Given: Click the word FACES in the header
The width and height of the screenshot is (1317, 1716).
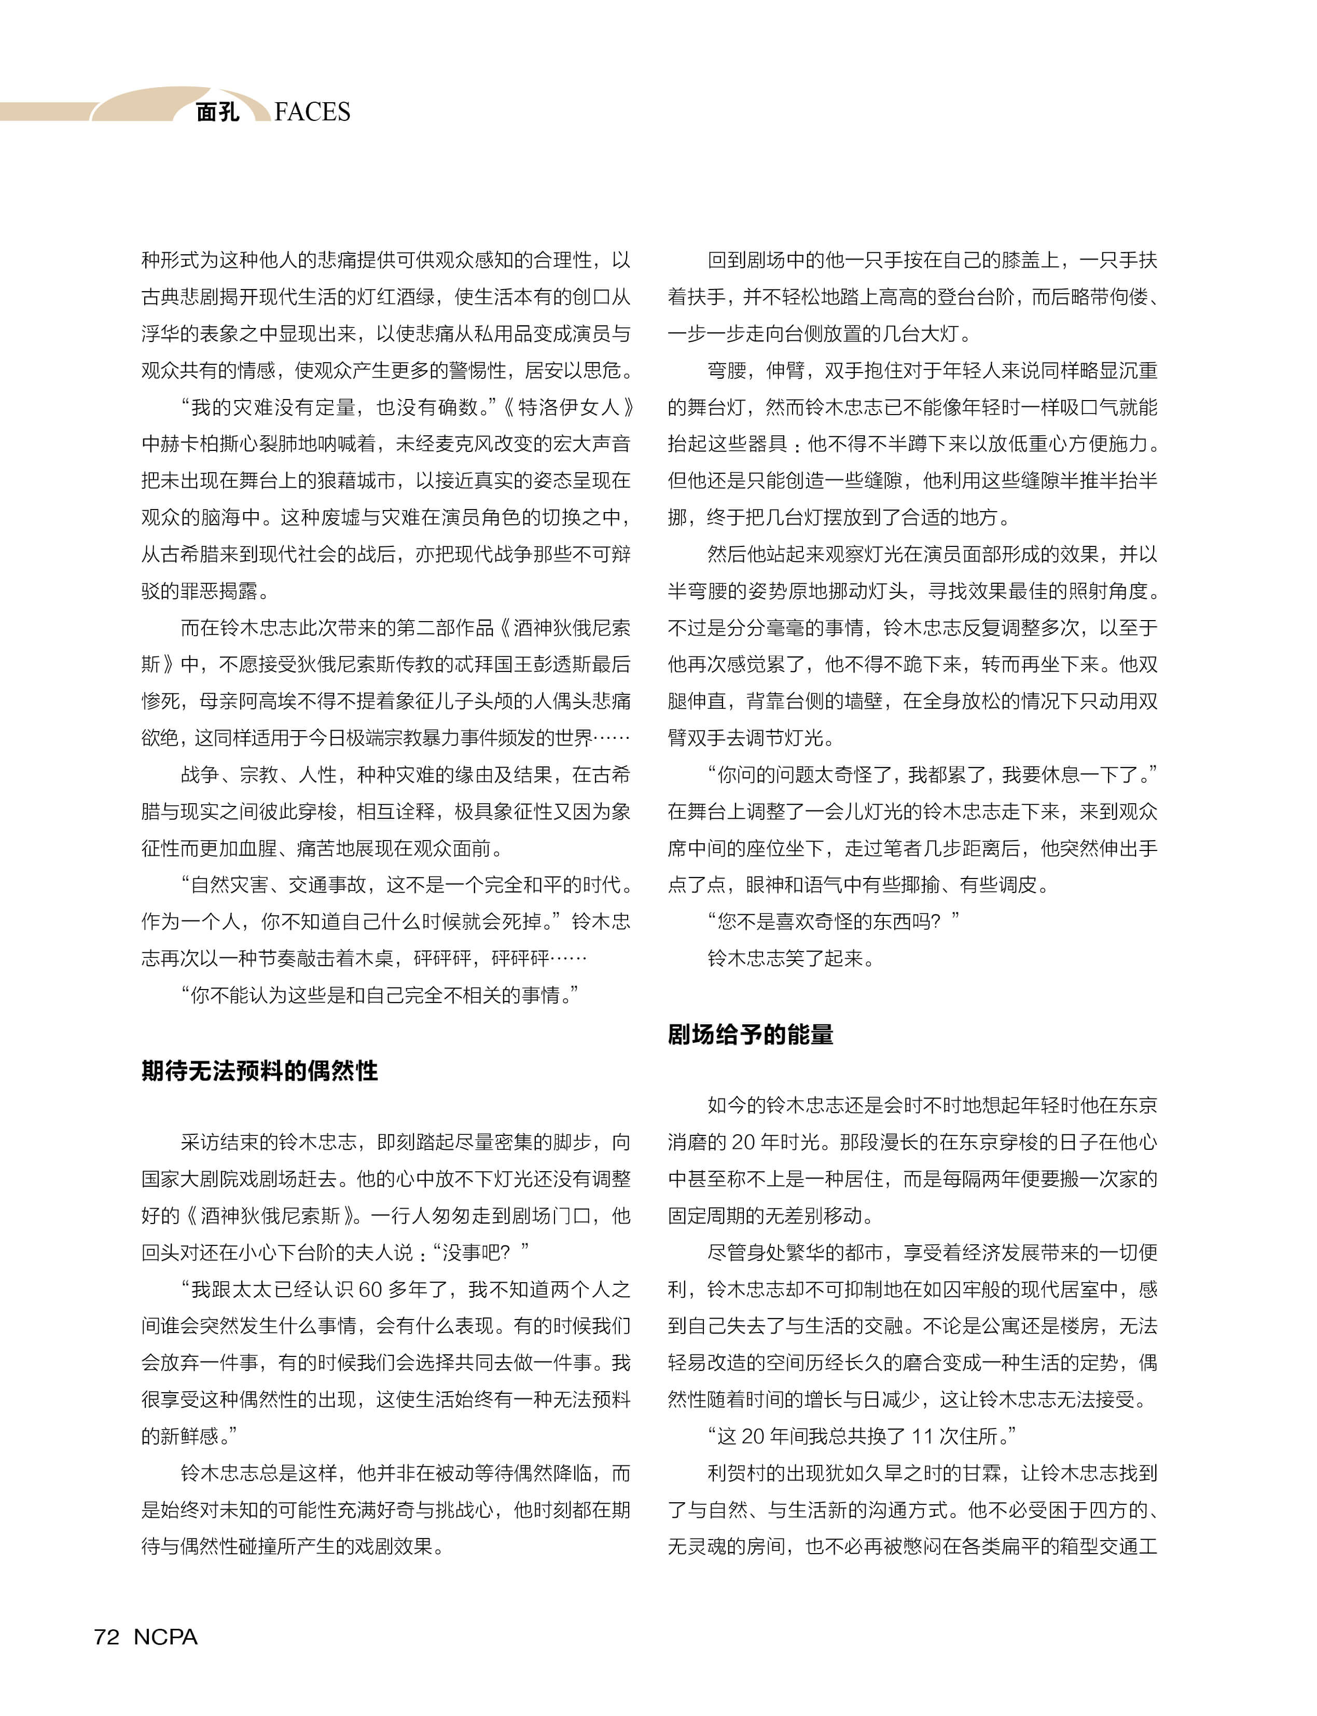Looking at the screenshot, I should tap(312, 112).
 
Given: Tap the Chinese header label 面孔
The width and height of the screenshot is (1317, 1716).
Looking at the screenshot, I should tap(217, 112).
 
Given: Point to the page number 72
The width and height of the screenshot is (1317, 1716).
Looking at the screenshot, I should tap(107, 1637).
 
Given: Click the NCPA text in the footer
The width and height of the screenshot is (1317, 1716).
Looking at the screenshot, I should tap(165, 1637).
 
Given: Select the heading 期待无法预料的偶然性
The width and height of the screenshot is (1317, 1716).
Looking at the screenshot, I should tap(259, 1070).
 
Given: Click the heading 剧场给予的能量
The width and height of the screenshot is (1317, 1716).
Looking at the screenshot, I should tap(750, 1035).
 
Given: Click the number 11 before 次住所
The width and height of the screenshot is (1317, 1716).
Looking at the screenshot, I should tap(922, 1436).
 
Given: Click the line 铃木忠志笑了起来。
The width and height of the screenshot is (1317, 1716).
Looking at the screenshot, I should tap(790, 958).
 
